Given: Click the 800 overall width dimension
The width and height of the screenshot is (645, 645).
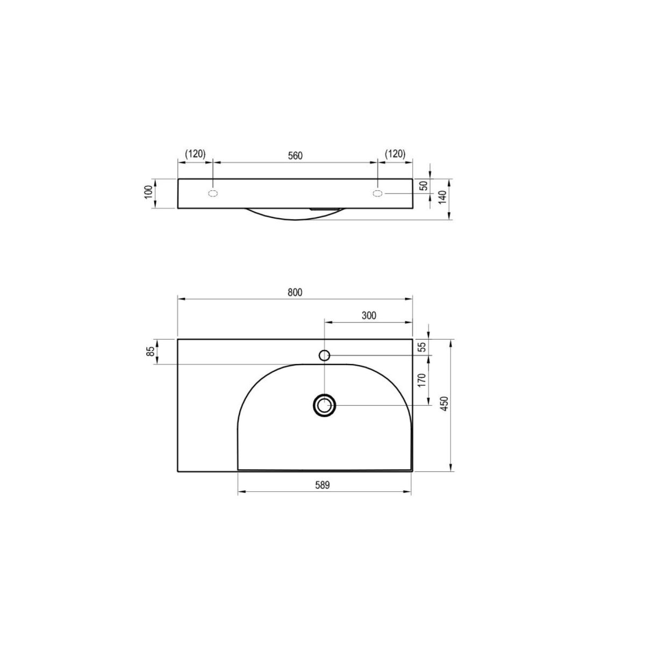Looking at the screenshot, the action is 295,292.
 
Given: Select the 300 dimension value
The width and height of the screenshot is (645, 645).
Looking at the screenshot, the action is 369,316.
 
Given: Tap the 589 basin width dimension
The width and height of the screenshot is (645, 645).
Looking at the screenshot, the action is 322,485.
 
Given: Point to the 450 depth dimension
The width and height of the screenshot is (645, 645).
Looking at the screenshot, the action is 444,404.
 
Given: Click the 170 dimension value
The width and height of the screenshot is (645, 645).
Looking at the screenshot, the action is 422,380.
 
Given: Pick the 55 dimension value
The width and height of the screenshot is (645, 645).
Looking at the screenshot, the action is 423,347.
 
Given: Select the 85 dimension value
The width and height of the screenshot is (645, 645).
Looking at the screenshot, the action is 151,351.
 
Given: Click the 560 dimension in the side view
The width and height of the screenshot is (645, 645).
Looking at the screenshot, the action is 295,156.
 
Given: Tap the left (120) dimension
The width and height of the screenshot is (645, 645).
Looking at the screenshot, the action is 196,154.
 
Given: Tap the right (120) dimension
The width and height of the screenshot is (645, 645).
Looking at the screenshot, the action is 395,154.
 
